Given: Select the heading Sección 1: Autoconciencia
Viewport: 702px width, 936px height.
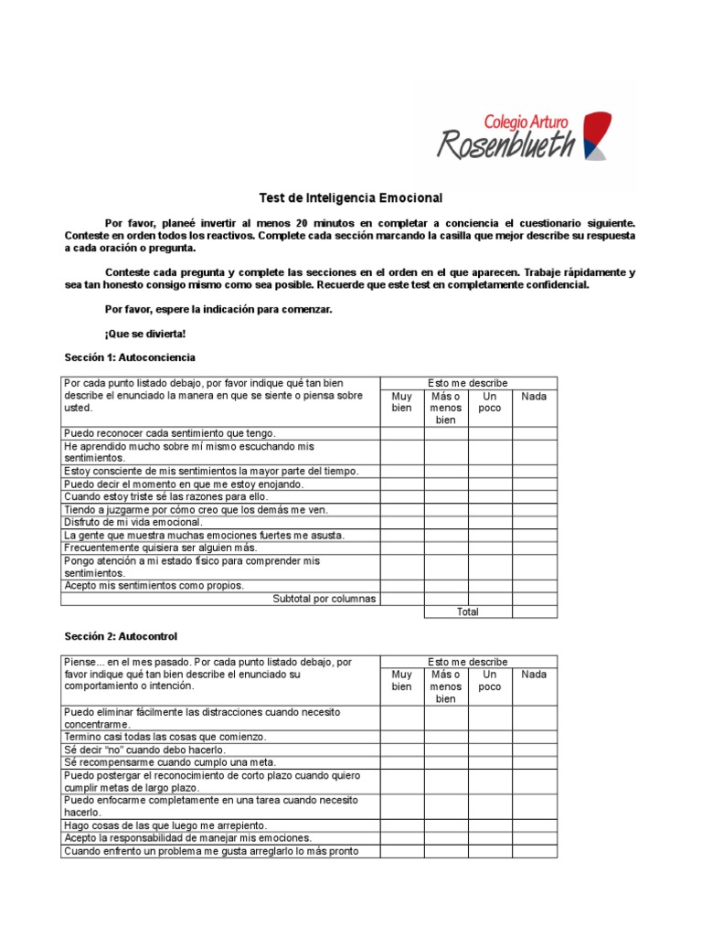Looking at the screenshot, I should tap(130, 356).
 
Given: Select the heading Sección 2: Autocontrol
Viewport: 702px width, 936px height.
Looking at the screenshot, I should tap(121, 635).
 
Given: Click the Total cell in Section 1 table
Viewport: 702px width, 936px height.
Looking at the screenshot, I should tap(468, 612).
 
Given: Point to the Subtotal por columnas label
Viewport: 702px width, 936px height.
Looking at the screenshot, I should tap(324, 599).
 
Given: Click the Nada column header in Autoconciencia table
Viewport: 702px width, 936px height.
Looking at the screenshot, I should tap(534, 397).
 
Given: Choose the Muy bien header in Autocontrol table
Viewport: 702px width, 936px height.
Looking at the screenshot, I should tap(402, 681).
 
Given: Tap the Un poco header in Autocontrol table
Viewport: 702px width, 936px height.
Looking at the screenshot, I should tap(490, 681).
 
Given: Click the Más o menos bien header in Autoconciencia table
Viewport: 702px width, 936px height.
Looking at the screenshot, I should tap(446, 408).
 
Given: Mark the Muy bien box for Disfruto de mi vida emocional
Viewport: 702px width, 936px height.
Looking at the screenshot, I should tap(402, 522).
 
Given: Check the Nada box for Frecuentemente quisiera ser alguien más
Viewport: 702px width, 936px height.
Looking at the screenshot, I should tap(534, 548).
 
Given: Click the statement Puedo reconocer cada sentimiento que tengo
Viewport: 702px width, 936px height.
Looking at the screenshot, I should tap(169, 433).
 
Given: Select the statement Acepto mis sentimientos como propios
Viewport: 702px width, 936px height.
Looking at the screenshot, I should tap(154, 585).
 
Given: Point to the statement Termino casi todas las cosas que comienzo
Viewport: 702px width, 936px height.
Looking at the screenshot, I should tap(165, 736).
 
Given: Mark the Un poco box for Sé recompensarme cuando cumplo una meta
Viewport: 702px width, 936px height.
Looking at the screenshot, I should tap(490, 761).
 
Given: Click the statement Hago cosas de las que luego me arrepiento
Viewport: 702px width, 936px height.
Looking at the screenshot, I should tap(165, 824).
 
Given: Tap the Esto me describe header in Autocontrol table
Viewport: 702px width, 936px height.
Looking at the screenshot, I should tap(468, 662).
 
